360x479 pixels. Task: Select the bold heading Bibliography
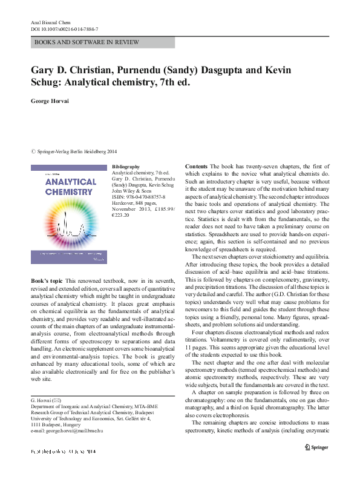pos(126,167)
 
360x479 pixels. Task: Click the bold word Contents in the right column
pos(196,166)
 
